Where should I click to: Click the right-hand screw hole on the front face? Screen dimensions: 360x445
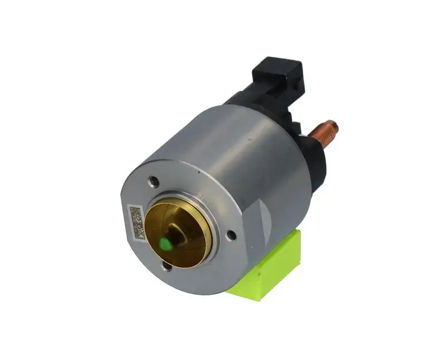[x=230, y=235]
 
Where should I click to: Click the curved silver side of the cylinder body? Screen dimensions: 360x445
[x=234, y=156]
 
